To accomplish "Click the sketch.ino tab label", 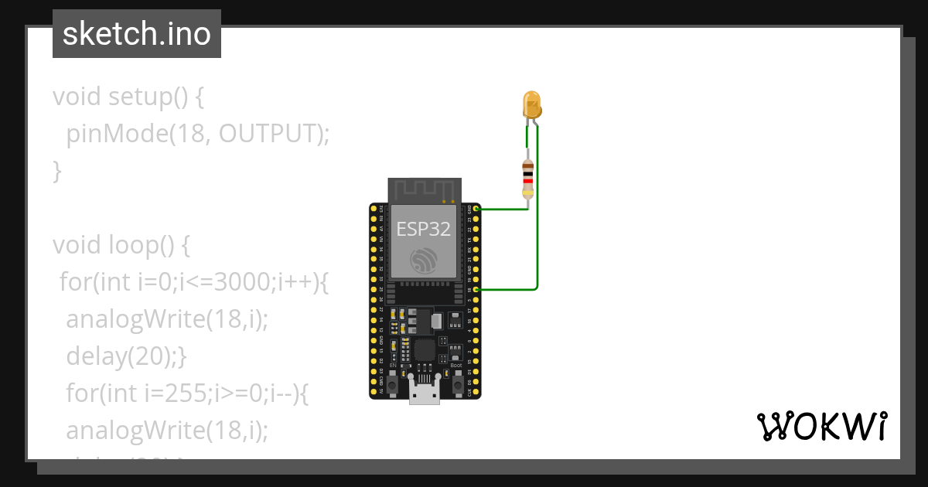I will [x=137, y=34].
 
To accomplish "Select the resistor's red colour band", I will [x=528, y=180].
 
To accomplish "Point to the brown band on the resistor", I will [x=528, y=165].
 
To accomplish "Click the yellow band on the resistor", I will [x=528, y=192].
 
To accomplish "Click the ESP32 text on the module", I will [x=423, y=229].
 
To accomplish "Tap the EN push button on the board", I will [x=392, y=383].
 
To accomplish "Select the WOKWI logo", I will [x=821, y=427].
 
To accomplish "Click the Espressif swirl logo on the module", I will [x=424, y=261].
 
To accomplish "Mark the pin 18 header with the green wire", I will [x=476, y=289].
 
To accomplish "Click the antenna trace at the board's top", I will [x=424, y=189].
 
